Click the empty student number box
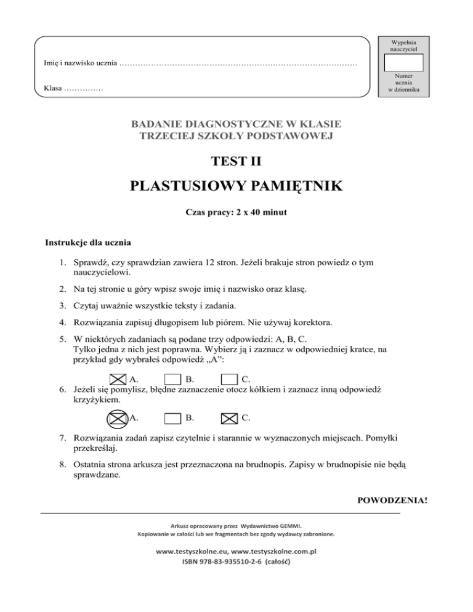pyautogui.click(x=403, y=63)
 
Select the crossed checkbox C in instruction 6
pyautogui.click(x=228, y=419)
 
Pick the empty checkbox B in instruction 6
pyautogui.click(x=173, y=419)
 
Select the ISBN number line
pyautogui.click(x=236, y=563)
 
